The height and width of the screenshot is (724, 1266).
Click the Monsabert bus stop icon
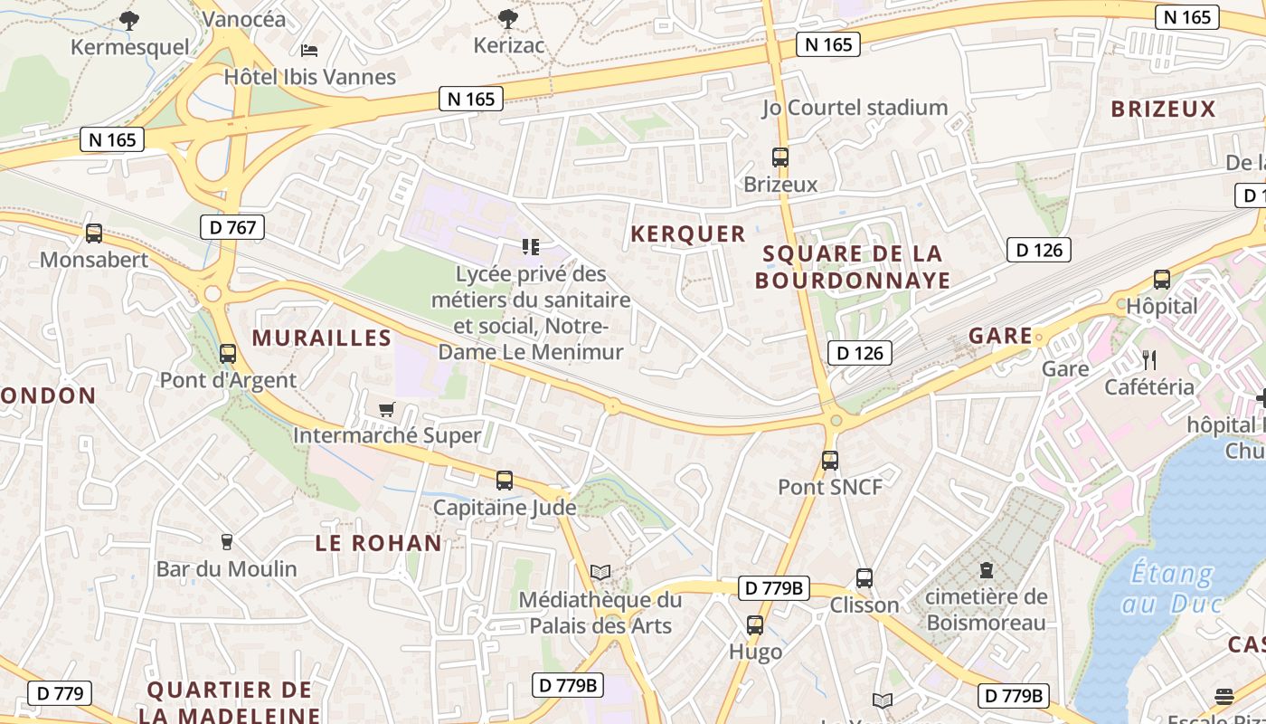[x=94, y=233]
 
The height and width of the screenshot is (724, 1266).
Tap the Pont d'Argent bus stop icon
[x=228, y=354]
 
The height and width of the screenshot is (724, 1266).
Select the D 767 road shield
[x=232, y=227]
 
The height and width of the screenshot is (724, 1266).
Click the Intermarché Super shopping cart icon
[x=387, y=409]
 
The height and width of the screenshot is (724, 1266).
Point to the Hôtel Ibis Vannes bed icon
[x=309, y=50]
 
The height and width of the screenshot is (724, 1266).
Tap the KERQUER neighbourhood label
[x=688, y=234]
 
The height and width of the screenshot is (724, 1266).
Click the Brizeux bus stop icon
[x=780, y=157]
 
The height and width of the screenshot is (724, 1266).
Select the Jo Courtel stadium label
[x=855, y=108]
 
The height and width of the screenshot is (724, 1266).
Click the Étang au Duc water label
[x=1172, y=587]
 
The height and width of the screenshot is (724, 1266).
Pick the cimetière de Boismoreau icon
[x=986, y=570]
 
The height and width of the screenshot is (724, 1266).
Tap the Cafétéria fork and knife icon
[x=1149, y=360]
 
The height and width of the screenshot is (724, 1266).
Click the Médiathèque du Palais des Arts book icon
[x=600, y=572]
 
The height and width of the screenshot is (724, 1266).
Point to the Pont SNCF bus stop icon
[x=830, y=460]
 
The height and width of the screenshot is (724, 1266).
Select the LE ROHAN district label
[x=379, y=543]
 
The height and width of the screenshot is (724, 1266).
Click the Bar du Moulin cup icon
[x=227, y=541]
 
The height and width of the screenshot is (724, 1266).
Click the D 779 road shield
[x=60, y=694]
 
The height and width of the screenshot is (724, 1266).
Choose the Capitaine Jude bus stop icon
[x=505, y=481]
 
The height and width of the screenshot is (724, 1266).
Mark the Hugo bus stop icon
[x=755, y=624]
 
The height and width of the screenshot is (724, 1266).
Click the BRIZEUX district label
[x=1164, y=110]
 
